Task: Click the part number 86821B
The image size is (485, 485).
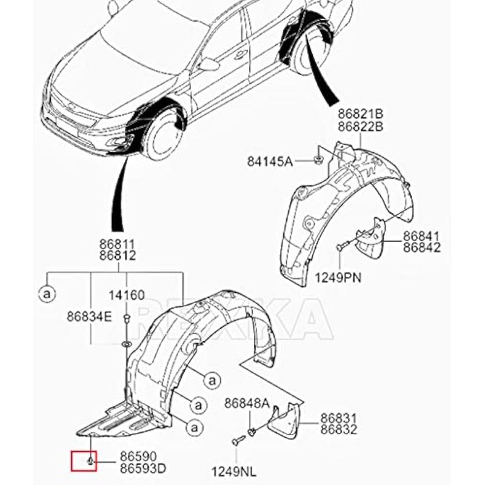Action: click(361, 114)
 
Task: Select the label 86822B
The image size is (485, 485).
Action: click(361, 126)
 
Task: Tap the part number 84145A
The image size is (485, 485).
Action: click(270, 161)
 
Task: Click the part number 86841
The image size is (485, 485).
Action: click(422, 236)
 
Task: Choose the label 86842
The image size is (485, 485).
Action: click(422, 247)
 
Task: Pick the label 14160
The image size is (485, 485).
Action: click(126, 295)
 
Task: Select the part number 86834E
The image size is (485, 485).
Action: click(89, 316)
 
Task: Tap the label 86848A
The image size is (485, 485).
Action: click(247, 402)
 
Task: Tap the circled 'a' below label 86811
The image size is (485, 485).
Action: click(47, 295)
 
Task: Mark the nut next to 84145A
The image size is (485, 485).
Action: click(318, 160)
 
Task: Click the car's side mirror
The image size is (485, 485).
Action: click(207, 64)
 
